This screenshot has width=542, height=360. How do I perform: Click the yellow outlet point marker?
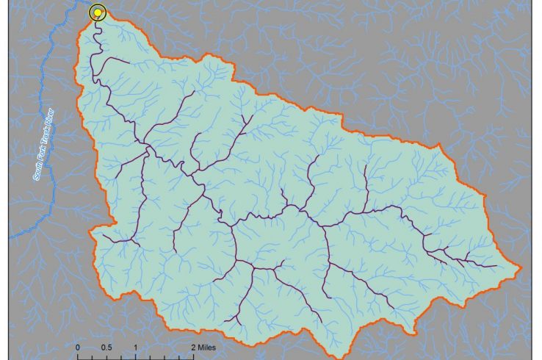point(97,12)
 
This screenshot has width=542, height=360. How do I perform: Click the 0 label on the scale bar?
point(78,347)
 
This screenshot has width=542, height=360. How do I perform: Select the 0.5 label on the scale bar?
point(106,347)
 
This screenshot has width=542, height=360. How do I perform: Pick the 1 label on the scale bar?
point(136,347)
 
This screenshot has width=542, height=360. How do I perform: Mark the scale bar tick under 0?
point(78,356)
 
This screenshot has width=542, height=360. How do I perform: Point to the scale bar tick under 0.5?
point(106,356)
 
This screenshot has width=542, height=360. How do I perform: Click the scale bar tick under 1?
point(136,356)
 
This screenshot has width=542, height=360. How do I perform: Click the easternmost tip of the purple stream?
point(497,266)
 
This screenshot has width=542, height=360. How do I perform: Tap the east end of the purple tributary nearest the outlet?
point(129,63)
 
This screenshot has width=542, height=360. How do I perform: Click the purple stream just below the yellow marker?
point(95,29)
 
